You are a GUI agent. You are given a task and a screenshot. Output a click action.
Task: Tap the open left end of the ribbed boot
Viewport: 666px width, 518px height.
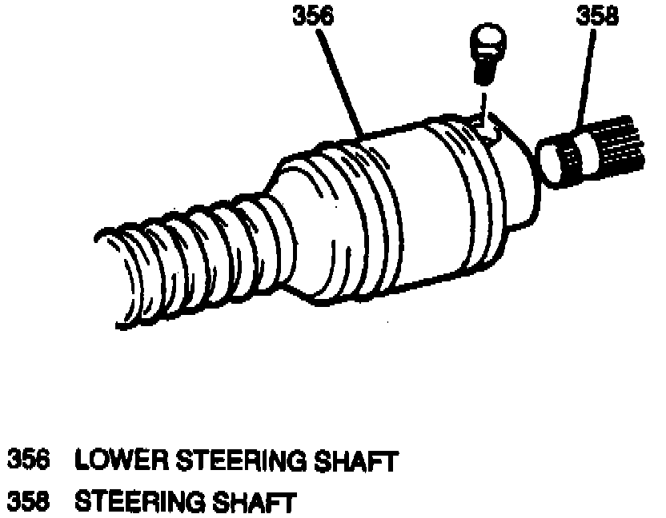tap(120, 280)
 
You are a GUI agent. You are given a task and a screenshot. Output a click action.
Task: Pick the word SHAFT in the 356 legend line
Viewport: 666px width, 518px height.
tap(357, 461)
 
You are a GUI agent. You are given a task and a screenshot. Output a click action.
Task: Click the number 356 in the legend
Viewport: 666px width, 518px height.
tap(29, 461)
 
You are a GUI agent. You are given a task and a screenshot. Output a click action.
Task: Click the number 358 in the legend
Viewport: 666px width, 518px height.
tap(29, 503)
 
